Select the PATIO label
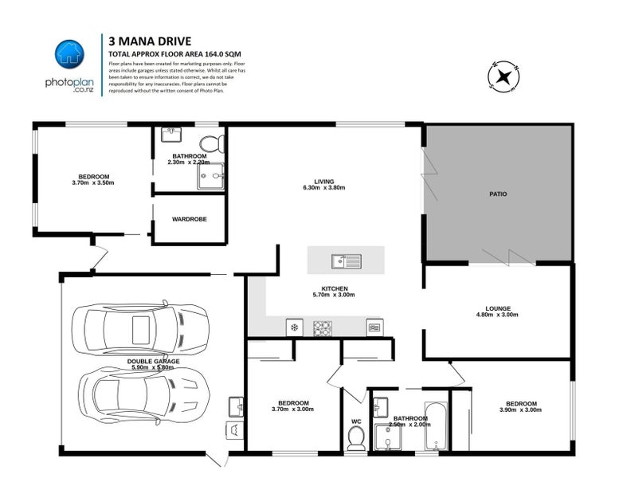pyautogui.click(x=498, y=194)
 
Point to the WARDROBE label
pyautogui.click(x=189, y=218)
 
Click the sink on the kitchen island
pyautogui.click(x=347, y=260)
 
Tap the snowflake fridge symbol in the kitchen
pyautogui.click(x=294, y=327)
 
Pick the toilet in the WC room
pyautogui.click(x=356, y=437)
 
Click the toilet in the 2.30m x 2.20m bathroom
pyautogui.click(x=210, y=143)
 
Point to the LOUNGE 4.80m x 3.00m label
pyautogui.click(x=498, y=311)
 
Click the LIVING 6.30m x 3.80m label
pyautogui.click(x=323, y=184)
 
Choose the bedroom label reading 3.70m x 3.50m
pyautogui.click(x=93, y=179)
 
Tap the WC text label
pyautogui.click(x=356, y=421)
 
